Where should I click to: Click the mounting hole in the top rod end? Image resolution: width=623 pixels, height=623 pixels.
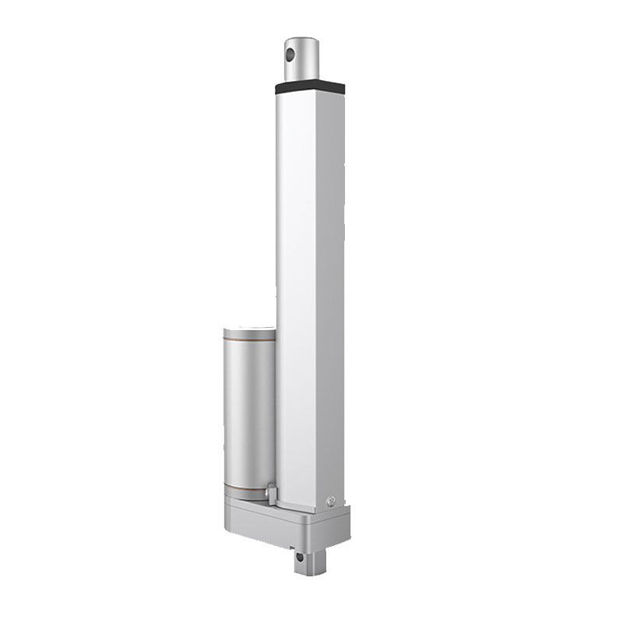tap(291, 55)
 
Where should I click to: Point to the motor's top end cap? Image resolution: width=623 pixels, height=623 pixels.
tap(249, 332)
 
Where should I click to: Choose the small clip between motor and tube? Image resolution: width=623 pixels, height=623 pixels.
tap(270, 492)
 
